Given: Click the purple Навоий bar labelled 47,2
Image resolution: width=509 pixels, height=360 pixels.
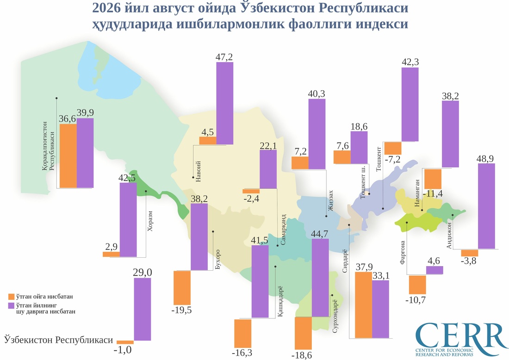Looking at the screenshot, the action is [x=224, y=103].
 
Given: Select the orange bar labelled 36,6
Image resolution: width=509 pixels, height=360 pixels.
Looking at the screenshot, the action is [x=68, y=156].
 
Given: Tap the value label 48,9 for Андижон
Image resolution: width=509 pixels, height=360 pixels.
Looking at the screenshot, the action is [x=485, y=158].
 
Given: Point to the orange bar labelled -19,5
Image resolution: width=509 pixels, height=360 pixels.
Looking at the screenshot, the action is [x=182, y=288].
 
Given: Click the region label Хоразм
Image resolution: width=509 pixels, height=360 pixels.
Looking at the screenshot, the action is [x=149, y=221].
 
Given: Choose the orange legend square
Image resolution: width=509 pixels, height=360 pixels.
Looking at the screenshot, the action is [x=12, y=297].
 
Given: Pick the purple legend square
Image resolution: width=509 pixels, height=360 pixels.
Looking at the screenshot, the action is [x=12, y=306].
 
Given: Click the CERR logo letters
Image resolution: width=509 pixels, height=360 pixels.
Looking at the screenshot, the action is [x=461, y=335].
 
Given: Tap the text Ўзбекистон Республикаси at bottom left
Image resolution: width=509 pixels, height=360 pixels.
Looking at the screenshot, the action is [x=58, y=340].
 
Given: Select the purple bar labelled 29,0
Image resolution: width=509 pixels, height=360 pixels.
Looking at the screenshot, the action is [x=143, y=309].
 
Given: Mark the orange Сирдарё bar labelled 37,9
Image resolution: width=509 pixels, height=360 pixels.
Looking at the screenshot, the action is [x=364, y=305].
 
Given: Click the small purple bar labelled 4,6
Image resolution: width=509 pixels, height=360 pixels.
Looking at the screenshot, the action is [x=435, y=270].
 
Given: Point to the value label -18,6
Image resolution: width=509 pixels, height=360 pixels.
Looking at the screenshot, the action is [x=302, y=355].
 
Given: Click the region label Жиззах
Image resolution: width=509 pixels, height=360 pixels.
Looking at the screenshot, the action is [x=331, y=201].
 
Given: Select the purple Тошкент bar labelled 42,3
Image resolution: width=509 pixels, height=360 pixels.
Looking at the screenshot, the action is [x=410, y=104].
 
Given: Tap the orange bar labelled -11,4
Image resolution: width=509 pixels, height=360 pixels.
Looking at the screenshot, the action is [x=433, y=179].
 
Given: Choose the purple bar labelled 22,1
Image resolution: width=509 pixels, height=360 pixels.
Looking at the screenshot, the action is [x=268, y=169].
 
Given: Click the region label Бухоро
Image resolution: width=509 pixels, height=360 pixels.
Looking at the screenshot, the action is [x=218, y=259].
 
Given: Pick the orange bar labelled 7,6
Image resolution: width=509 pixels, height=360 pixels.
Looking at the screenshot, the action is [x=342, y=157].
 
